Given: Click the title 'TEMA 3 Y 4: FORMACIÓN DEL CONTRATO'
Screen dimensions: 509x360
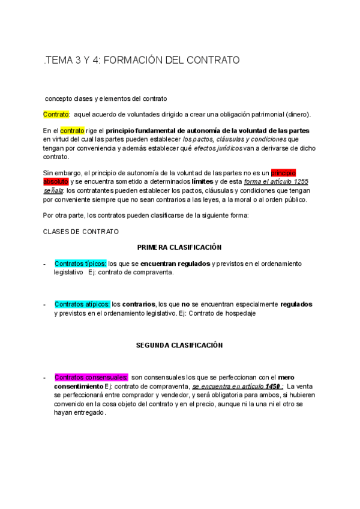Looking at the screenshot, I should point(142,60).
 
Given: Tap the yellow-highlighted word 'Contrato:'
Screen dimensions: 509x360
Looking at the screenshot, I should point(56,114).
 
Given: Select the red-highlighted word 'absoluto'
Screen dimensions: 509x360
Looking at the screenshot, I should point(56,181).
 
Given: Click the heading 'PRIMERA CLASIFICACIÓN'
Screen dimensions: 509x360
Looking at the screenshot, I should point(179,247).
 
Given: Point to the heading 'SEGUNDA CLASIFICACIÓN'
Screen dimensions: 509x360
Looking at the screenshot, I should point(179,345).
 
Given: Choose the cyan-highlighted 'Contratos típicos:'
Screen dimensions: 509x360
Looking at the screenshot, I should point(80,264).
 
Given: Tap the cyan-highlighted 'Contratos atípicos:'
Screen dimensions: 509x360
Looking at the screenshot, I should point(82,304).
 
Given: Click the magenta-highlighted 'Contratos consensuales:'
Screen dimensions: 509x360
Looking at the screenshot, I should point(91,378).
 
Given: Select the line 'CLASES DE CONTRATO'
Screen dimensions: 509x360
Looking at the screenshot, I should point(81,231).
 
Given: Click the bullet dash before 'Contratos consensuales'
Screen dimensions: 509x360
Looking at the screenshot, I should point(44,378).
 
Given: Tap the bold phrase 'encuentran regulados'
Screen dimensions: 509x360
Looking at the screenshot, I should point(175,264).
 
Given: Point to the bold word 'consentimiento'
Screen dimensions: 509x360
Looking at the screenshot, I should point(79,386).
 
